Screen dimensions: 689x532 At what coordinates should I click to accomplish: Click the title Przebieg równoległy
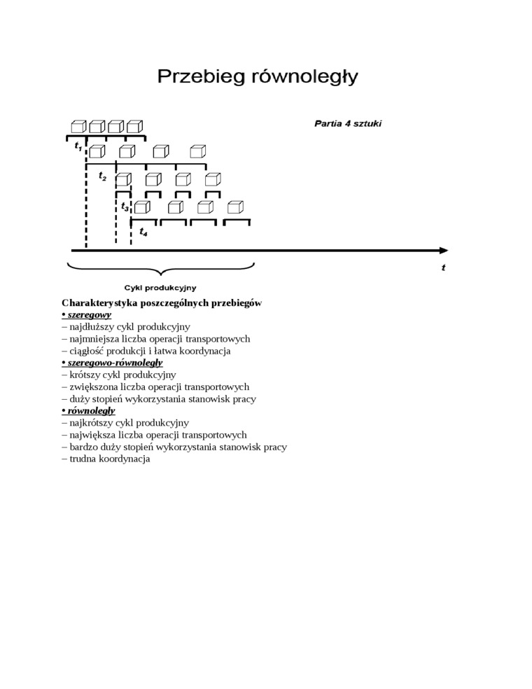pos(257,76)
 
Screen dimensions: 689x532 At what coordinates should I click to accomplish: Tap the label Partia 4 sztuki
pos(348,123)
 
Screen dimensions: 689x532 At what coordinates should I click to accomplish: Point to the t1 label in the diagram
pos(78,147)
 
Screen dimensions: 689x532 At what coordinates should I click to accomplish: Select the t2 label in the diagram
pos(102,176)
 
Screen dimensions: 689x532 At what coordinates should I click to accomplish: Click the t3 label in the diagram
pos(125,207)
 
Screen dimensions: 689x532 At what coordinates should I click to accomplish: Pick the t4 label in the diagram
pos(143,232)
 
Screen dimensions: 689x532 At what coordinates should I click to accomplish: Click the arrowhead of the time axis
pos(443,250)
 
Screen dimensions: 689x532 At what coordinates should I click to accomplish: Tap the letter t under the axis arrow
pos(443,267)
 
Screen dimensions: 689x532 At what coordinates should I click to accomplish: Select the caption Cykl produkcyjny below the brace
pos(160,287)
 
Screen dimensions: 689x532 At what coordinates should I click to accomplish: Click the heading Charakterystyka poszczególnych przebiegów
pos(162,303)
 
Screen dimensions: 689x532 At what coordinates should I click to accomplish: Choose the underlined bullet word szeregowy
pos(89,315)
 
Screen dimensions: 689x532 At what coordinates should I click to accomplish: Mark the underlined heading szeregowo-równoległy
pos(115,363)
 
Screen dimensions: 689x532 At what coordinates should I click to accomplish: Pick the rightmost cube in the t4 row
pos(235,207)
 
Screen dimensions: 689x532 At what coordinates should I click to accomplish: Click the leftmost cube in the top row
pos(78,126)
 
